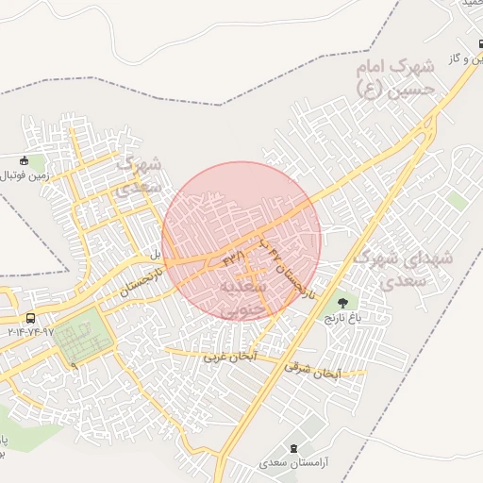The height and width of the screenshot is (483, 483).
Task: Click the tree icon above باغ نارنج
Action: (x=341, y=304)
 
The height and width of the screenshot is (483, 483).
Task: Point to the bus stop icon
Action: (x=30, y=319)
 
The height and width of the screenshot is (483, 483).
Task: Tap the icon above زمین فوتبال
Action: (x=25, y=159)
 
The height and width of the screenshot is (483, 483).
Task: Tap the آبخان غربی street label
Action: (x=230, y=358)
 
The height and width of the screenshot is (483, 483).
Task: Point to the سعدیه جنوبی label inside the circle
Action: (x=243, y=294)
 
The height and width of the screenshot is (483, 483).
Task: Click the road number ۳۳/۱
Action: (x=234, y=257)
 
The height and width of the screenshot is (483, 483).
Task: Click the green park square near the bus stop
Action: (x=80, y=339)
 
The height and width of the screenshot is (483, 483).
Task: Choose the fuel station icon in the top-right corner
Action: (x=479, y=42)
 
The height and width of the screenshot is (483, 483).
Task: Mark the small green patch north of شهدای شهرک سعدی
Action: (x=458, y=201)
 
